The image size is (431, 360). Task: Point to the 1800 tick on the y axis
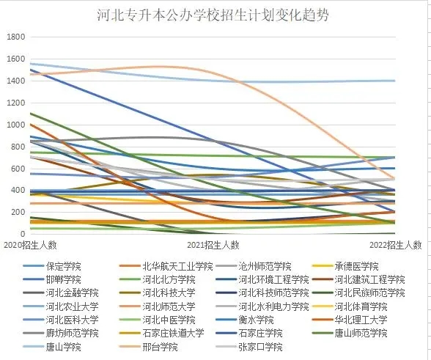point(14,37)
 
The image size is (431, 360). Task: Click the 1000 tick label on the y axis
point(14,125)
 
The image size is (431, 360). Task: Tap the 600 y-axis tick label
point(16,169)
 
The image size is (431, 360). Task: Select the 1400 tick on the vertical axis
point(14,81)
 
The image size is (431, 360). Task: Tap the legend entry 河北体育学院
point(359,306)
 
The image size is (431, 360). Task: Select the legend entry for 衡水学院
point(256,320)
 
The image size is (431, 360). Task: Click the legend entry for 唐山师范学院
point(359,333)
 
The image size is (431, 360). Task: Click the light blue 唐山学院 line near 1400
point(330,81)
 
